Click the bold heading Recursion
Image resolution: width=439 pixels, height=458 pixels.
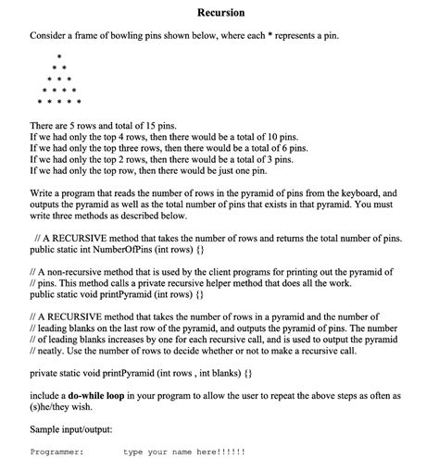pos(221,13)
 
